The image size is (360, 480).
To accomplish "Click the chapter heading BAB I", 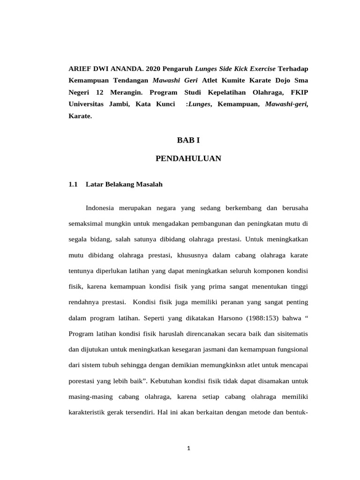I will [188, 140].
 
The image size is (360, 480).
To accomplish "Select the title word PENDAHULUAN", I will [188, 159].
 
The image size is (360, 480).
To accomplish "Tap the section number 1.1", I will [73, 185].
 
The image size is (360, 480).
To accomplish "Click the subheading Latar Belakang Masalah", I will [124, 185].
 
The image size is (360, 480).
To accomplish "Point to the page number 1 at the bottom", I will [188, 448].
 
